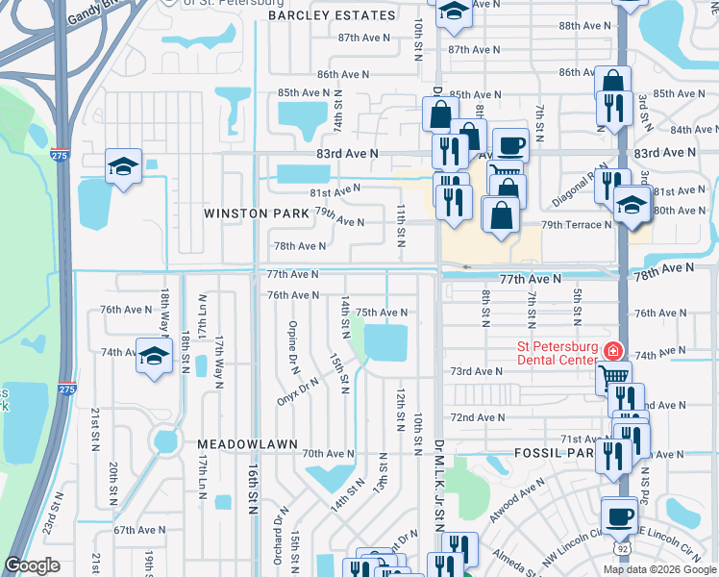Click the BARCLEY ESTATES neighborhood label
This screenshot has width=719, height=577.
(x=332, y=15)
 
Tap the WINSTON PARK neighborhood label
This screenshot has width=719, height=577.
(x=257, y=213)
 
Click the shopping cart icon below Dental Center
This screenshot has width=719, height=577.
(x=612, y=376)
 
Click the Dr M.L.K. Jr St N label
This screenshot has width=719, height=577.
(x=437, y=487)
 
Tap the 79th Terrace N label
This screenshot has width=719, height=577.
(x=576, y=225)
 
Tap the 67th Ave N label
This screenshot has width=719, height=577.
(x=135, y=530)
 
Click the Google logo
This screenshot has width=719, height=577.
(x=34, y=565)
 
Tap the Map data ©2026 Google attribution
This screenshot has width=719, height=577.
(x=658, y=569)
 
